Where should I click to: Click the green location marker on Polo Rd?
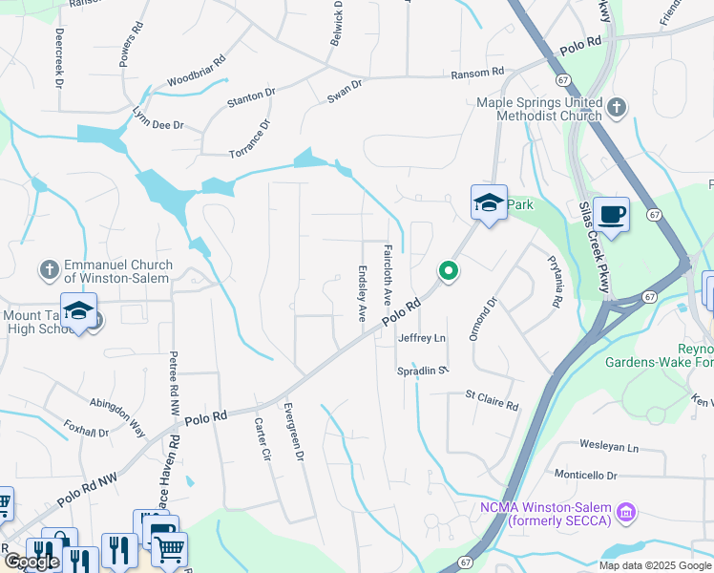pyautogui.click(x=447, y=272)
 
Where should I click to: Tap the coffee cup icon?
pyautogui.click(x=610, y=214)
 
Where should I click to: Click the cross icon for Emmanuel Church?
pyautogui.click(x=50, y=270)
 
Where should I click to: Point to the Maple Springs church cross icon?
pyautogui.click(x=617, y=107)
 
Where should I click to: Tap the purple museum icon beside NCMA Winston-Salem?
pyautogui.click(x=626, y=513)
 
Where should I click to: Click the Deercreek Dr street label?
pyautogui.click(x=58, y=57)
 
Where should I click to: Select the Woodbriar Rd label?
pyautogui.click(x=196, y=73)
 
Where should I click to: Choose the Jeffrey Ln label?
pyautogui.click(x=422, y=338)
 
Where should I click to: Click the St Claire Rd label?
pyautogui.click(x=492, y=399)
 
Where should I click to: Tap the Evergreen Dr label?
pyautogui.click(x=292, y=431)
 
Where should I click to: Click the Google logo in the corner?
pyautogui.click(x=31, y=561)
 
